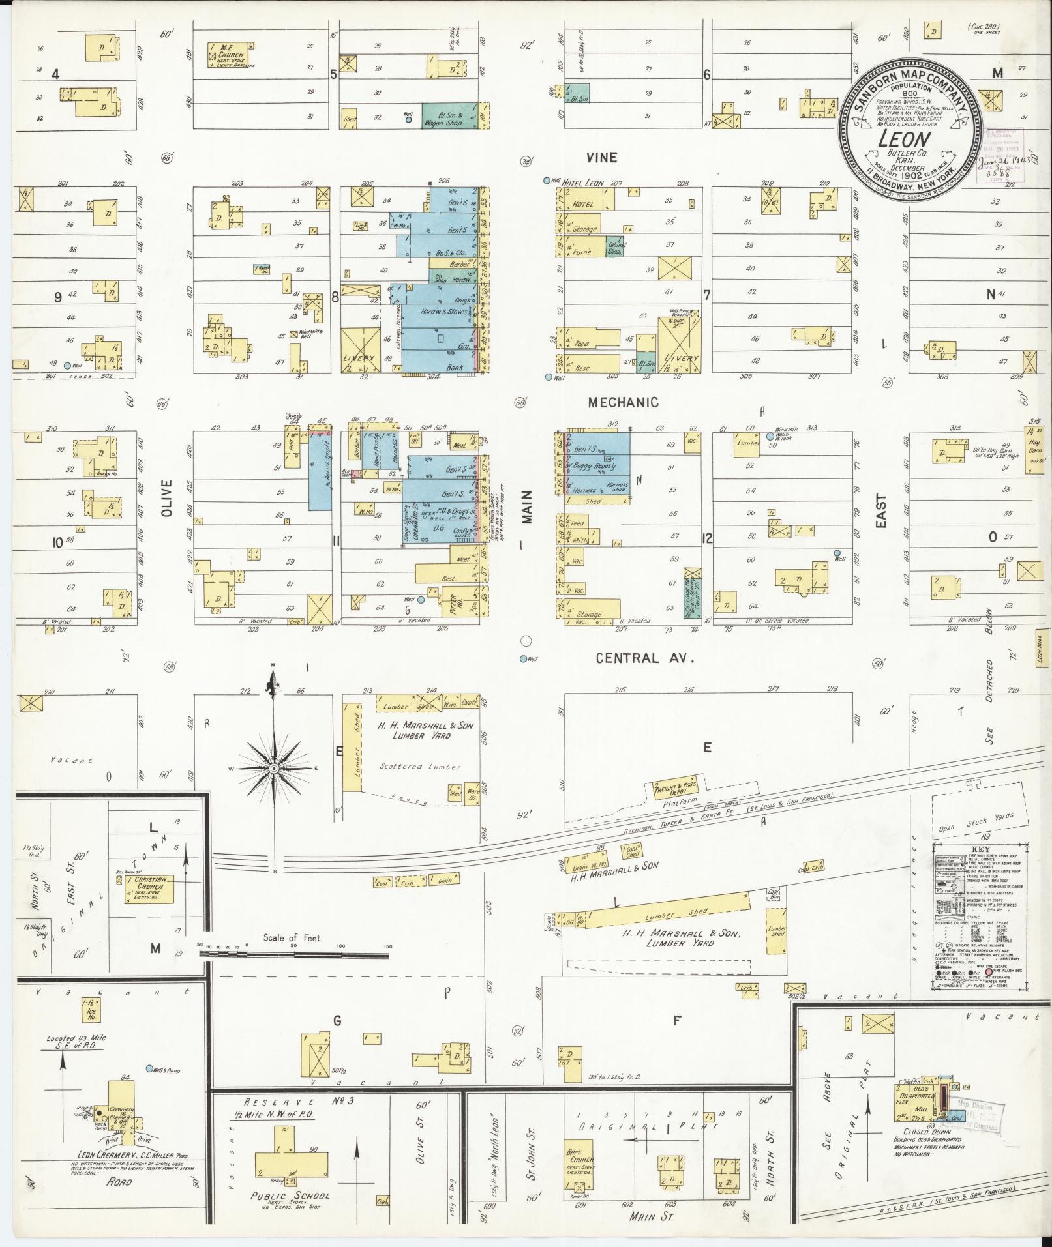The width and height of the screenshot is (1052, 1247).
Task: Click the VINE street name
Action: coord(601,158)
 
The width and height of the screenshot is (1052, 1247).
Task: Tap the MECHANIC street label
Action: coord(623,403)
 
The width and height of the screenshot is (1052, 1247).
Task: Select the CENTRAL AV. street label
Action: coord(644,658)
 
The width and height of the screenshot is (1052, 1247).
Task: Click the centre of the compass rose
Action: coord(275,769)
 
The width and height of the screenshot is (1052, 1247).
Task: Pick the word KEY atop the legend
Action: coord(980,850)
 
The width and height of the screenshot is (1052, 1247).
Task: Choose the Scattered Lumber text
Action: coord(420,767)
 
